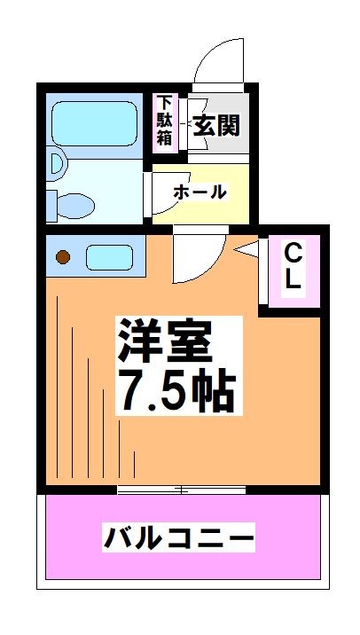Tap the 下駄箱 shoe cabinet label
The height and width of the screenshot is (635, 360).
point(165,119)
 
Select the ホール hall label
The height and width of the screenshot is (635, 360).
point(200,192)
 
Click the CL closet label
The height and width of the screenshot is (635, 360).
point(293,267)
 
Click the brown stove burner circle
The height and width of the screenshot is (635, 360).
point(63,258)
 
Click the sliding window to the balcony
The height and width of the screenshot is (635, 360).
point(182,489)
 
